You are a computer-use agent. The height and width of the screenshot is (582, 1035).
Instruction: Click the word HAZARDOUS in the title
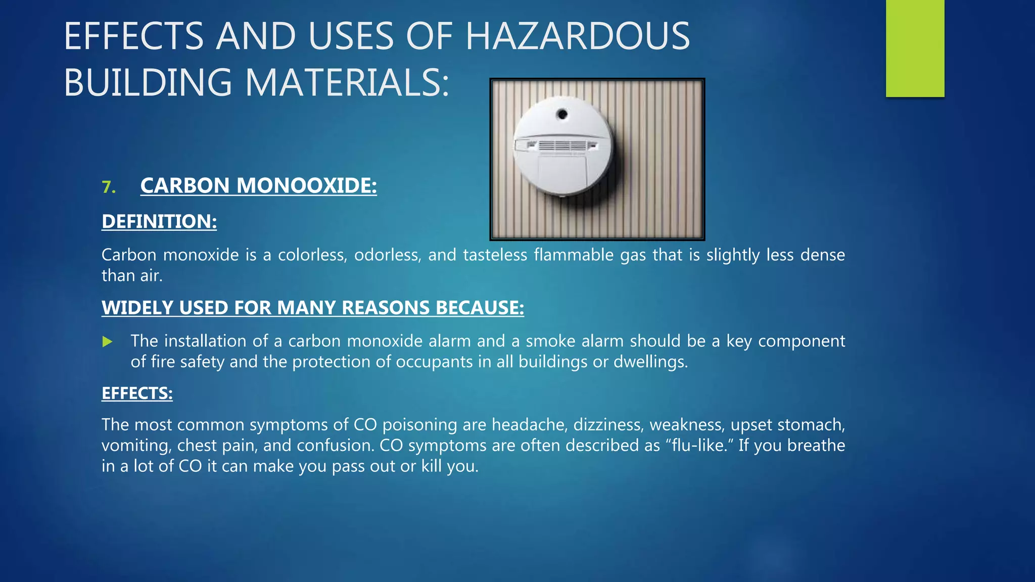coord(577,36)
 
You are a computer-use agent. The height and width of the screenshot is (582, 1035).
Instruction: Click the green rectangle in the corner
coord(915,48)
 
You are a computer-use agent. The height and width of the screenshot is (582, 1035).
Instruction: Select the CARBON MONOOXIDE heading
coord(258,185)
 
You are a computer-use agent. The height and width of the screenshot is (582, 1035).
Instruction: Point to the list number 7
coord(108,187)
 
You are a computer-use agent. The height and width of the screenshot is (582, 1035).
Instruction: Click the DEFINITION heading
coord(159,221)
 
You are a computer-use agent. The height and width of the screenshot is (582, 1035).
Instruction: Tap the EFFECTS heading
coord(137,393)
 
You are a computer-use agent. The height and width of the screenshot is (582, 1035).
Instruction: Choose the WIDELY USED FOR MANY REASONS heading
coord(313,308)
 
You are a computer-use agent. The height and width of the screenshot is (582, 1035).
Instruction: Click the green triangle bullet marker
coord(107,342)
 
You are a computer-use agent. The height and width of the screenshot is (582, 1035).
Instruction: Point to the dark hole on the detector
coord(562,114)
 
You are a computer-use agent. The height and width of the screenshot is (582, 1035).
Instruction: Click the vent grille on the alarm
coord(562,145)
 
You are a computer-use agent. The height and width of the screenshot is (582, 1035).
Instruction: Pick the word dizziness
coord(608,424)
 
